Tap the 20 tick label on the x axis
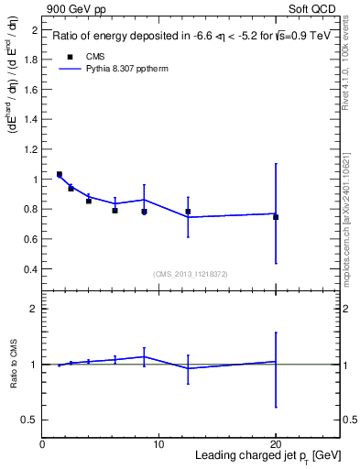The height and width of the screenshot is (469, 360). [276, 444]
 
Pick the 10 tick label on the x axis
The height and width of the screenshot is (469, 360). [158, 444]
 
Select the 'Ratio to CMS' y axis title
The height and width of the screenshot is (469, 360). [13, 364]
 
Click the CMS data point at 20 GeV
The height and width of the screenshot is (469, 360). [276, 217]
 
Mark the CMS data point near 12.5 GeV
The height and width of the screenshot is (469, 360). [188, 212]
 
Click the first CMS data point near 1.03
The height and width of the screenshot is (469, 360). [60, 174]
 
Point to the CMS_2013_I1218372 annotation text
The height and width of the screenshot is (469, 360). [191, 274]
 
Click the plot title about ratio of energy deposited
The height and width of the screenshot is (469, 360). [191, 37]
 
